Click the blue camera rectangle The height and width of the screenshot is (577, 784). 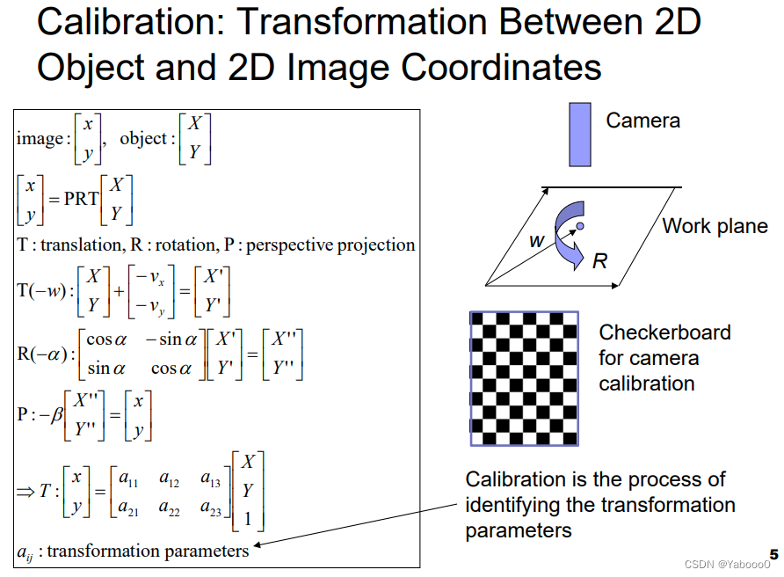point(579,135)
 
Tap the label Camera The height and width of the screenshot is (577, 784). point(642,121)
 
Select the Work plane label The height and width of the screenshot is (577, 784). point(715,226)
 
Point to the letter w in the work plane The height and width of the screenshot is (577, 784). point(536,240)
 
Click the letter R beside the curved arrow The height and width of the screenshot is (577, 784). point(599,260)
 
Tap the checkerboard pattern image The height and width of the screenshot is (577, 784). point(524,378)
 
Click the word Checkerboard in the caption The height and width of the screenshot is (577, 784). point(664,333)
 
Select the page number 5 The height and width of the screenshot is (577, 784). point(773,554)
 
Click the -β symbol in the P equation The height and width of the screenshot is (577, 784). point(56,413)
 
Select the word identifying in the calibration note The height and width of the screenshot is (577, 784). point(519,505)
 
